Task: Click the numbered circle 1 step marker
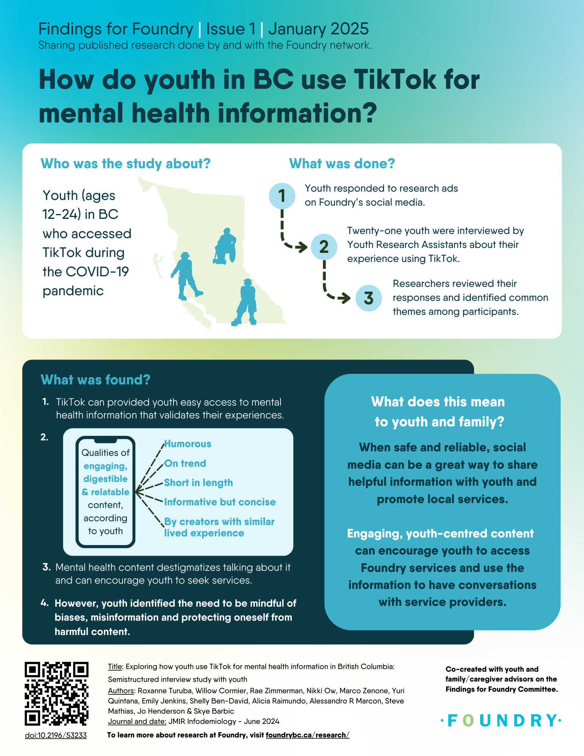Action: click(282, 196)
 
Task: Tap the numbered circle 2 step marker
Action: click(324, 246)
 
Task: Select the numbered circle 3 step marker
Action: click(369, 298)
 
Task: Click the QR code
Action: click(57, 693)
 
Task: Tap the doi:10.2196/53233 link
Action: click(56, 735)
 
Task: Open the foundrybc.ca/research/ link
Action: click(308, 735)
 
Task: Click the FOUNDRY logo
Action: click(501, 720)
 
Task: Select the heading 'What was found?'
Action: click(96, 380)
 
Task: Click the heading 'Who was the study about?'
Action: click(125, 163)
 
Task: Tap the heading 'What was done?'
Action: click(342, 163)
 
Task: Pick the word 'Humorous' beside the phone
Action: click(187, 444)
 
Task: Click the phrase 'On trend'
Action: click(185, 463)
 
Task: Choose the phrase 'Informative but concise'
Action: click(220, 502)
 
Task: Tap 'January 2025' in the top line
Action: click(318, 29)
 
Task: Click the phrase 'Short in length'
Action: click(198, 483)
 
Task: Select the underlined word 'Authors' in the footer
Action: click(121, 691)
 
